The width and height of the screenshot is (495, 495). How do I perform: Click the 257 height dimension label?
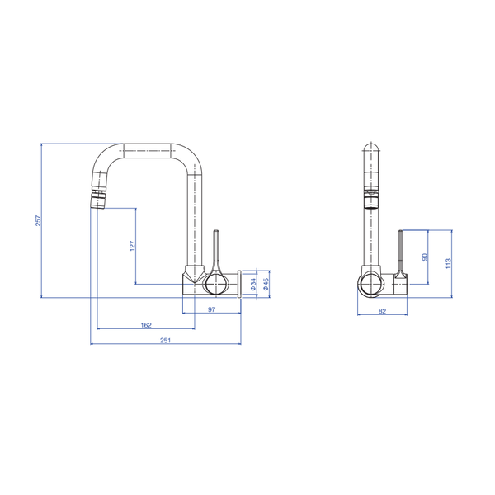pos(38,220)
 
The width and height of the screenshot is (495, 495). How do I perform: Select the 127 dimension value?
pos(132,246)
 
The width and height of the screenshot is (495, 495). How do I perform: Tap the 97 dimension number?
pos(211,309)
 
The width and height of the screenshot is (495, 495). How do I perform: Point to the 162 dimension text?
pos(146,325)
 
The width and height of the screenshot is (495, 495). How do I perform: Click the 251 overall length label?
pos(166,340)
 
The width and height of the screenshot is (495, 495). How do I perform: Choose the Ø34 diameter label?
pos(253,284)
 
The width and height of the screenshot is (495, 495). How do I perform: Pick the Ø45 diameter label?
pos(266,284)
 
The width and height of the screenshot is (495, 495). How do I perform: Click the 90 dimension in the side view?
pos(425,257)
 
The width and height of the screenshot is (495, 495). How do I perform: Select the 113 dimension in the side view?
pos(448,263)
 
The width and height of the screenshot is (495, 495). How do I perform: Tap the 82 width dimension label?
pos(382,311)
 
